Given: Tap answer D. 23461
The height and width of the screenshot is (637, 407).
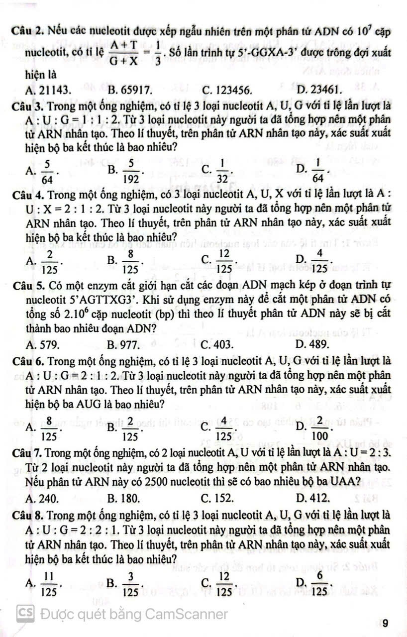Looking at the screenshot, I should (x=318, y=90).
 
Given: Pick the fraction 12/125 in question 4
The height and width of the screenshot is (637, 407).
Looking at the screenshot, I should (x=225, y=259).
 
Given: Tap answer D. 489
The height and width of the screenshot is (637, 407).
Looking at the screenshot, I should (x=311, y=343).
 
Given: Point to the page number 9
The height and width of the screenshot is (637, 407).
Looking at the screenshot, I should (x=387, y=623).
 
